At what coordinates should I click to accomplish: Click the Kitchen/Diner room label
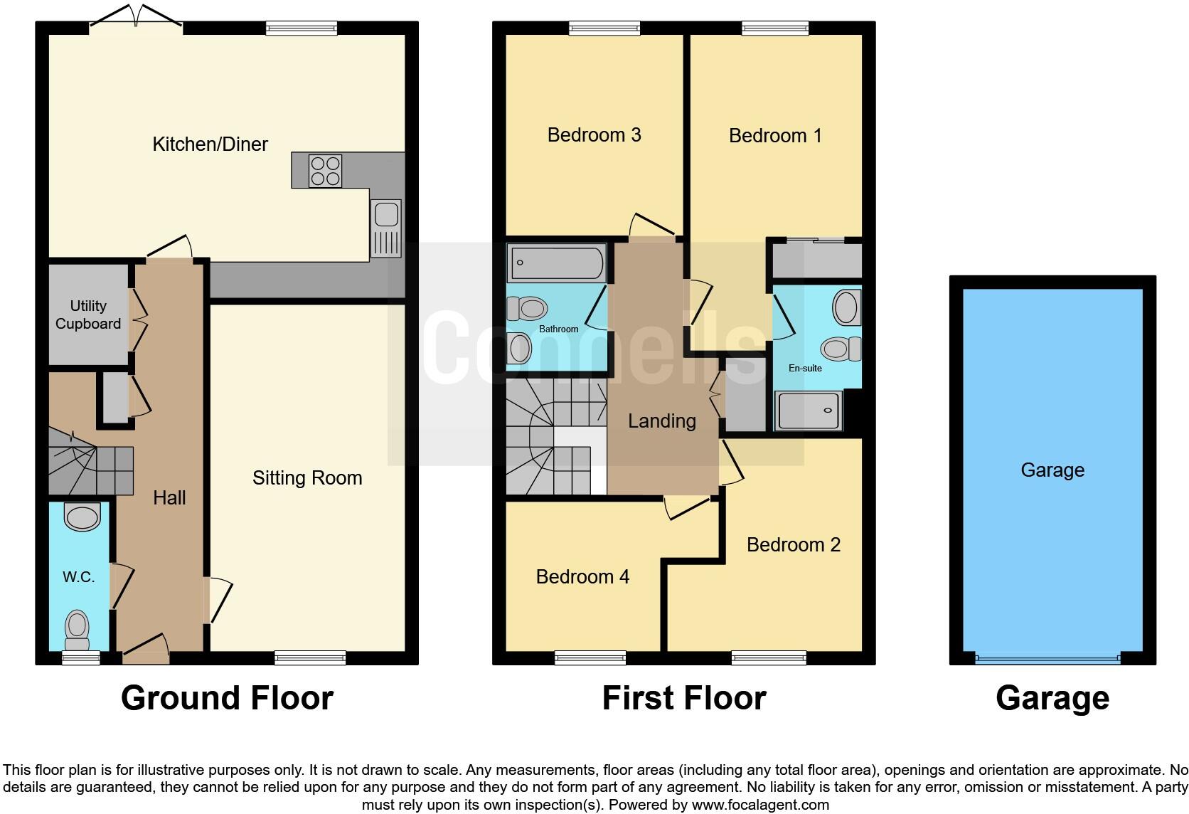coord(210,144)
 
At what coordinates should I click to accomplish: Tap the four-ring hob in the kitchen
coord(325,171)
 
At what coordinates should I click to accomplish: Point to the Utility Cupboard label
coord(88,314)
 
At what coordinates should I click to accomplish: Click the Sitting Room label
coord(307,478)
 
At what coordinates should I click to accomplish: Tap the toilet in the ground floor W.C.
coord(76,630)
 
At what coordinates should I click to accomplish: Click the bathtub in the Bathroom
coord(556,263)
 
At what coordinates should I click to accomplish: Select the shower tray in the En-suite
coord(809,411)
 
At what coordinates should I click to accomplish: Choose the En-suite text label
coord(805,368)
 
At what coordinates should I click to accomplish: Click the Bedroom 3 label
coord(594,135)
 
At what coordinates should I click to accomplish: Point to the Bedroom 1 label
coord(775,136)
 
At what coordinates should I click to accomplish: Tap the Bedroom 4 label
coord(582,576)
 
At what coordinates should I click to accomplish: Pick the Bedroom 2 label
coord(793,545)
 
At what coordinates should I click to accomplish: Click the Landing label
coord(661,421)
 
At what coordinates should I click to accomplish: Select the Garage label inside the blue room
coord(1052,470)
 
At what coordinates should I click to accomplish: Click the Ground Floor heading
coord(227,698)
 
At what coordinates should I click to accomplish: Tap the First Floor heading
coord(683,698)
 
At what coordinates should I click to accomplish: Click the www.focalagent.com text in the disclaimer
coord(760,805)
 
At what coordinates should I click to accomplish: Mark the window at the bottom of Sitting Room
coord(310,658)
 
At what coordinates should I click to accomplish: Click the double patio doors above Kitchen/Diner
coord(136,21)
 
